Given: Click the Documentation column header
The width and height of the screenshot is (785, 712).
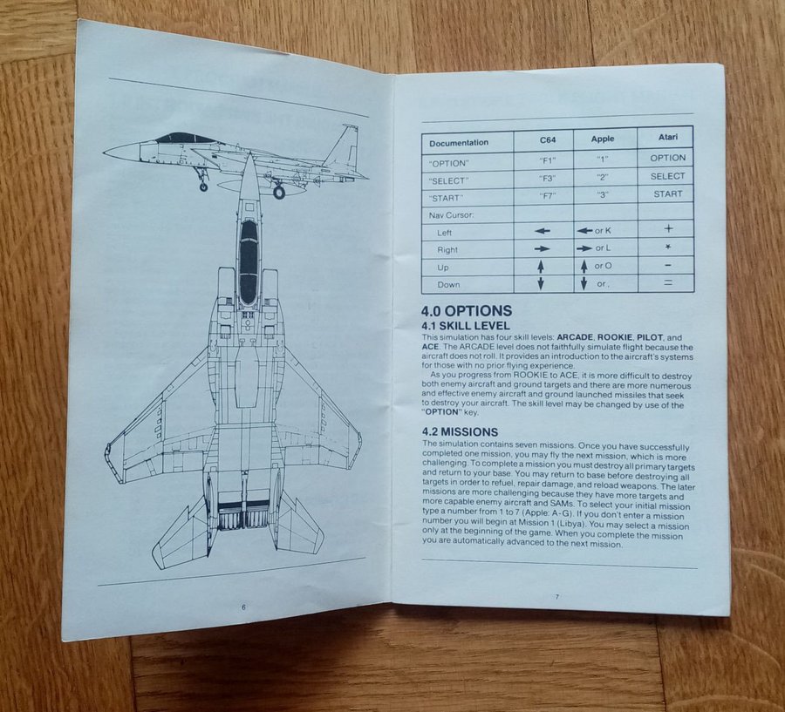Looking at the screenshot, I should pos(460,143).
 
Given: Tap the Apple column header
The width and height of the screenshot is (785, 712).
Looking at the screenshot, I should pos(603,139).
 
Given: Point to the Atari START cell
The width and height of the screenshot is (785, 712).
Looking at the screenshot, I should pos(668,194).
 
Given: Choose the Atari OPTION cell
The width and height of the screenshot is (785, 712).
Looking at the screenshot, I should pos(668,158).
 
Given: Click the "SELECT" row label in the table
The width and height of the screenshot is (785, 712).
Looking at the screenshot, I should pos(448,180).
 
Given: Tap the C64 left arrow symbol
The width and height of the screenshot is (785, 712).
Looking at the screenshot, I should pos(543,232).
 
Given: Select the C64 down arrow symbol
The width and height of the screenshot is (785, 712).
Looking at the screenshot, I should pos(541,283).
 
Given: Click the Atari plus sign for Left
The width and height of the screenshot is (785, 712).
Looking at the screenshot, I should pos(667,228).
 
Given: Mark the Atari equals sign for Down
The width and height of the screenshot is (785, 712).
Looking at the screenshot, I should pos(667,282).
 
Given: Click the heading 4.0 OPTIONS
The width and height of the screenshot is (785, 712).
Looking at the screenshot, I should pos(467,311).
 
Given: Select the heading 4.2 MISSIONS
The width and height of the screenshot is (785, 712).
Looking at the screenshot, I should pos(460,431).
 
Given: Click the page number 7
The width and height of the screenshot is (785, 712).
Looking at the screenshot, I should pos(555,595).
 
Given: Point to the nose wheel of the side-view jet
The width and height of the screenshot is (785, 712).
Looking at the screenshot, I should pos(203,186).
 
